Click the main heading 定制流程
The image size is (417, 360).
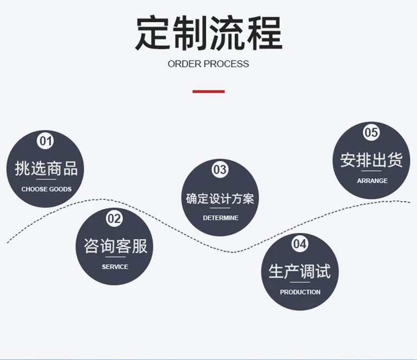(x=209, y=33)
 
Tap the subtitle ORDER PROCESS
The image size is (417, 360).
(x=209, y=64)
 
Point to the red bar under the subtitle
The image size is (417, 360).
(x=209, y=91)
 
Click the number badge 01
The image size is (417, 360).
(x=45, y=140)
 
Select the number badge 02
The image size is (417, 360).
(x=115, y=218)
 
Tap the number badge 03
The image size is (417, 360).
(x=220, y=169)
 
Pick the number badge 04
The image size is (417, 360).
(x=300, y=243)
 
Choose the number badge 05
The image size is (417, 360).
(x=371, y=132)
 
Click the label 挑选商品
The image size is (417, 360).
(x=46, y=169)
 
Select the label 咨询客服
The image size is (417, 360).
(x=116, y=246)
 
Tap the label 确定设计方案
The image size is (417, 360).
(x=220, y=199)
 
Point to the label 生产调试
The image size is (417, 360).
(x=300, y=271)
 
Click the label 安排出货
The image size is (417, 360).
(x=371, y=160)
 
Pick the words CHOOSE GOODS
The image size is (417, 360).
(x=47, y=189)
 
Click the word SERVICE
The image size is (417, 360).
(x=115, y=267)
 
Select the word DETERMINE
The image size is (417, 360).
(x=221, y=218)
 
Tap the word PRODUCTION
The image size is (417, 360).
(x=300, y=292)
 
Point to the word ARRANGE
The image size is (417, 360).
(x=372, y=181)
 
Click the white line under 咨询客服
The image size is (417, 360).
(x=116, y=257)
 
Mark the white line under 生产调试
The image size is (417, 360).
(x=300, y=282)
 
